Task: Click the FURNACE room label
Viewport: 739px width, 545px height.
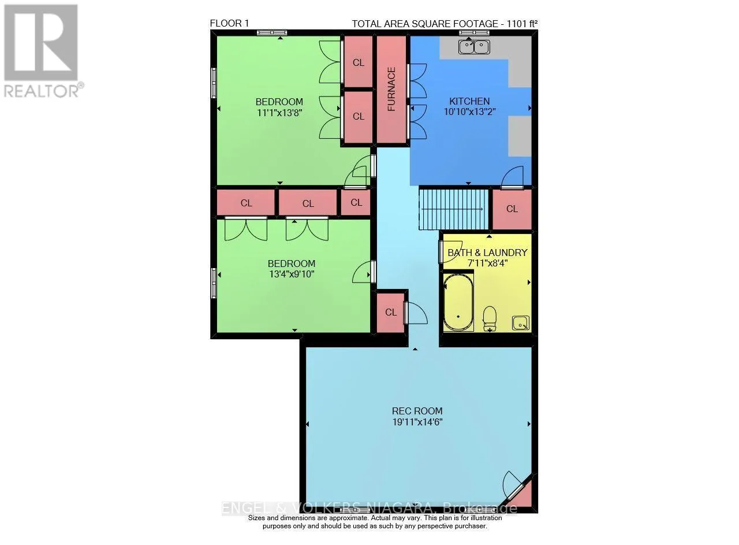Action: [391, 89]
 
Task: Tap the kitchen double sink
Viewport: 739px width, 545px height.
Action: [474, 47]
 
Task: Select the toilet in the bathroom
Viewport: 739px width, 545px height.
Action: [490, 318]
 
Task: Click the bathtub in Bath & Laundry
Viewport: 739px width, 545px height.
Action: [458, 303]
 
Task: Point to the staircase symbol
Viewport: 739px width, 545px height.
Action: [453, 209]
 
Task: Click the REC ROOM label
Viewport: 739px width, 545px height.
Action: [417, 411]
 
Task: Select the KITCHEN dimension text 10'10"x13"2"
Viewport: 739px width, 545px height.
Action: [469, 112]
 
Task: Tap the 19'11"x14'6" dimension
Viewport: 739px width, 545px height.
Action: [417, 422]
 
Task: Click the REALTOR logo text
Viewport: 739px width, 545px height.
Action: [42, 91]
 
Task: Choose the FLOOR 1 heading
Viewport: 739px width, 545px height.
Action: [229, 24]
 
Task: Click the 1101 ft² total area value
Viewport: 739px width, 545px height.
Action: [522, 24]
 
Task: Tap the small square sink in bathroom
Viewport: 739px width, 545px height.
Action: [521, 322]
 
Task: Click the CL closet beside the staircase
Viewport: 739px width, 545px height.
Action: [512, 209]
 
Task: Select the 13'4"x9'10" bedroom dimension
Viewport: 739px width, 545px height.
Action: [292, 274]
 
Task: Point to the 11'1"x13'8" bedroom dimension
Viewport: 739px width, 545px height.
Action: [279, 113]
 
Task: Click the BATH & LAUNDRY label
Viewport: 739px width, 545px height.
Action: [487, 253]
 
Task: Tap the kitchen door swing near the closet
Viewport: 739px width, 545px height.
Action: [512, 177]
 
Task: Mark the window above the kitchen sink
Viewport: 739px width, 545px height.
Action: [474, 32]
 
